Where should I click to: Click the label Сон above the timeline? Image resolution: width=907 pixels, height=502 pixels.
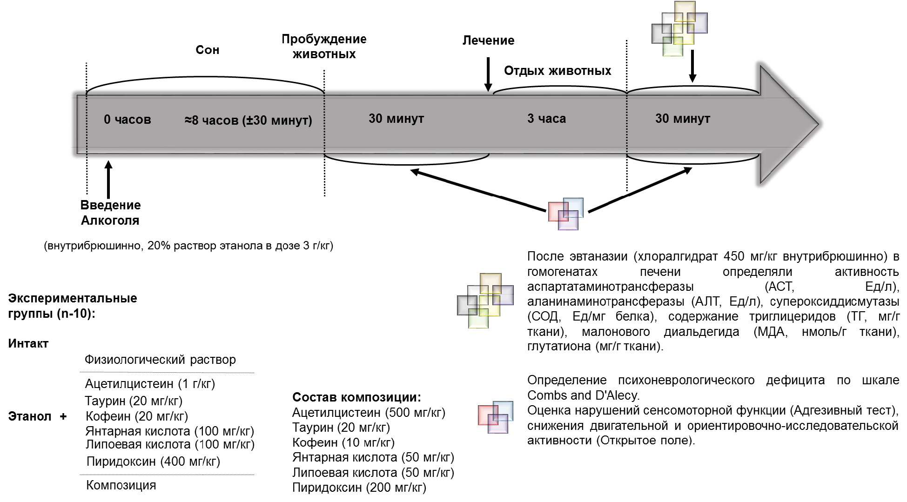point(207,50)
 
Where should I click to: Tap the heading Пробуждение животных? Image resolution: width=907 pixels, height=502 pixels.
point(324,47)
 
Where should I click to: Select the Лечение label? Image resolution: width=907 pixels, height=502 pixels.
point(488,40)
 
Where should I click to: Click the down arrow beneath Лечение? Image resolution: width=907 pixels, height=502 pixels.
point(488,74)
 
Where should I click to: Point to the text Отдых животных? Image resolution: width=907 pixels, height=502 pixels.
point(558,71)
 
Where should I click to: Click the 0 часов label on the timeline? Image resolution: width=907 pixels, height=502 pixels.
point(128,120)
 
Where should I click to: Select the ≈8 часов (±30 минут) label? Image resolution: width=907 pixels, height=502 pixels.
point(248,120)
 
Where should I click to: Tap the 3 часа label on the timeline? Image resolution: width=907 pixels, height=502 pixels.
point(546,119)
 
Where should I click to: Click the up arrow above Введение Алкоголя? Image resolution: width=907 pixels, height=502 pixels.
point(108,180)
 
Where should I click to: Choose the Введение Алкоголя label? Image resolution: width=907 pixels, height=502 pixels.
point(110,213)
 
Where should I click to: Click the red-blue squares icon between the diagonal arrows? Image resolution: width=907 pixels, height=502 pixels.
point(565,214)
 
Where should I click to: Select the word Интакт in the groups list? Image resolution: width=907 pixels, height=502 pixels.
point(28,344)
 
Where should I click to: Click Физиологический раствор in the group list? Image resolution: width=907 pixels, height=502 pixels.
point(160,360)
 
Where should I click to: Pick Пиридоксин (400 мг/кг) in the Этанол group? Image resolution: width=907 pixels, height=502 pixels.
point(153,462)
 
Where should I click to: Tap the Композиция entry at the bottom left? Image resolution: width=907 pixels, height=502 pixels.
point(121,485)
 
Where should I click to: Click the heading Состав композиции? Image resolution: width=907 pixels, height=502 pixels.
point(356,397)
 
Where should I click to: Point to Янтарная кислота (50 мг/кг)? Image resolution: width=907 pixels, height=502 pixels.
point(373,457)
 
